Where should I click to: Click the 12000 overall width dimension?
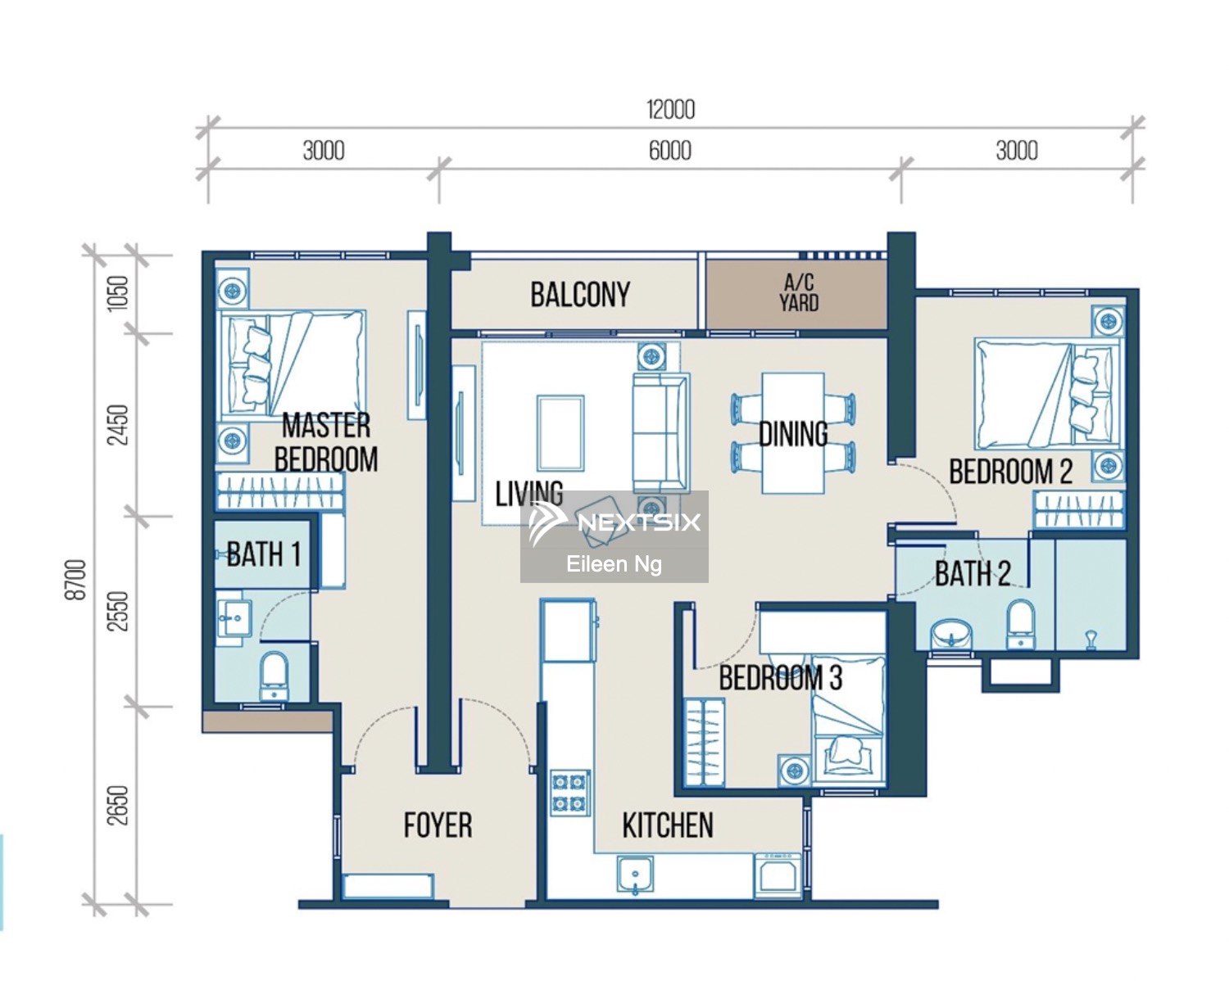click(670, 110)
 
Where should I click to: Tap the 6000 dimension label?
click(670, 151)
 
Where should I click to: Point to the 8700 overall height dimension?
click(75, 580)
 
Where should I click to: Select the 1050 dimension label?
click(118, 293)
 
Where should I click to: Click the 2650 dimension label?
click(118, 805)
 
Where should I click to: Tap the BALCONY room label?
click(580, 295)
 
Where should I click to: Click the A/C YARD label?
click(799, 292)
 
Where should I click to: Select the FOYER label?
click(438, 825)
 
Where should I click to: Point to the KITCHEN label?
click(668, 825)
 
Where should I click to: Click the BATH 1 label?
click(263, 554)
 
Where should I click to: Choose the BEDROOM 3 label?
click(781, 678)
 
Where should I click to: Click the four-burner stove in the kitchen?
click(570, 792)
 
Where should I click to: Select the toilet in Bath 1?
click(274, 676)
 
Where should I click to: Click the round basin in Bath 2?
click(951, 634)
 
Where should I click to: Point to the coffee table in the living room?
click(560, 432)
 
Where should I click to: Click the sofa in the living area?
click(660, 432)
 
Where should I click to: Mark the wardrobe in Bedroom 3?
click(704, 742)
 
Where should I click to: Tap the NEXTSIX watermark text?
click(639, 522)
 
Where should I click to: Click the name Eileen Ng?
click(614, 564)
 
